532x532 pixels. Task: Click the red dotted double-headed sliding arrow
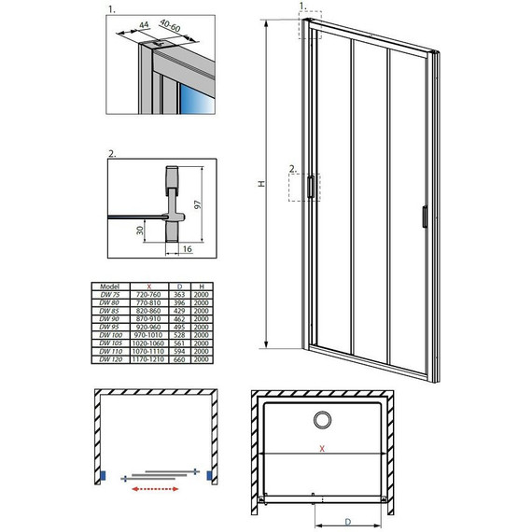(157, 486)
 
